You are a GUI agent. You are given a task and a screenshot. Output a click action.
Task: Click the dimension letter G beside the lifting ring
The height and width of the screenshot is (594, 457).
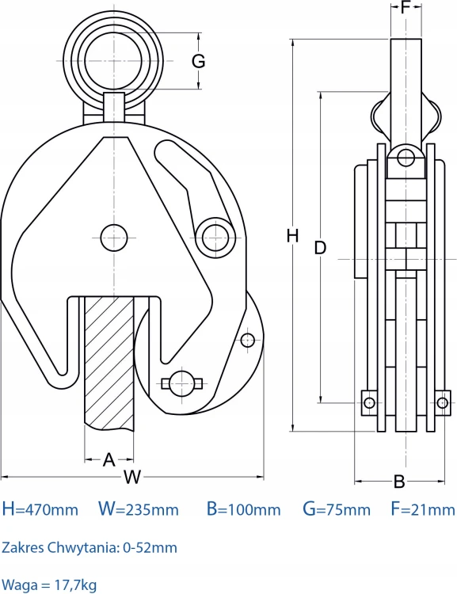[x=198, y=61]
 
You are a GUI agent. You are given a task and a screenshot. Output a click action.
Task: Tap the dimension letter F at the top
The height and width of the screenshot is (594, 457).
[x=406, y=7]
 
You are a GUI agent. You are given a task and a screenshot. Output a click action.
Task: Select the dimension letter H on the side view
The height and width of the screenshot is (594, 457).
[x=292, y=236]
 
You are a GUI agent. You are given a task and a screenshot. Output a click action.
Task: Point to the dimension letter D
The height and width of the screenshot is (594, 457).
[x=320, y=247]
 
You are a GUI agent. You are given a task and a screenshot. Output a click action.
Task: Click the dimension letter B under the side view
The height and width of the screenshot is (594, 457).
[x=399, y=482]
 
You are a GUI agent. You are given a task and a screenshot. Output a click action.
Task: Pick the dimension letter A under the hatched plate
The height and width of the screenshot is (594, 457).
[x=109, y=459]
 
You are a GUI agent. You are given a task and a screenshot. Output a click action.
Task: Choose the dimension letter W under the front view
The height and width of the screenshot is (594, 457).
[x=132, y=477]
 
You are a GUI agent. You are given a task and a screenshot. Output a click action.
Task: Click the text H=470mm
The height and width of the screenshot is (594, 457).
[x=40, y=508]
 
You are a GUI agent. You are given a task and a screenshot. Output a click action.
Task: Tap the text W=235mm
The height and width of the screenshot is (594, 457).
[x=139, y=508]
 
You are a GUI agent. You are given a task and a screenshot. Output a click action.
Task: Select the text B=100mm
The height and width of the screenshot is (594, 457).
[x=244, y=508]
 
